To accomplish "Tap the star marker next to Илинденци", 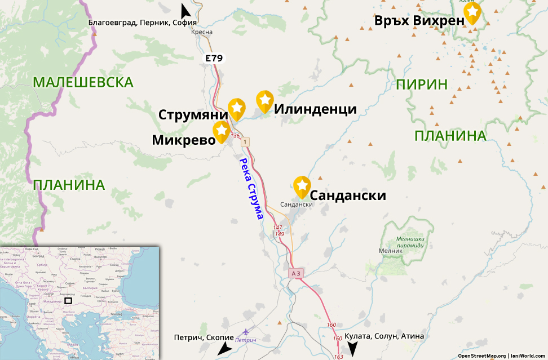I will [x=265, y=100].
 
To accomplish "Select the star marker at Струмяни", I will [x=237, y=108].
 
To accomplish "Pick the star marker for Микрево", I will [x=221, y=131].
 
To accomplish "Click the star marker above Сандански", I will [x=302, y=186].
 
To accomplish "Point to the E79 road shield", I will [x=214, y=58].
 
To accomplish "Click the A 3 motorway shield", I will [x=296, y=273].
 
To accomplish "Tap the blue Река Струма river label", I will [x=251, y=188].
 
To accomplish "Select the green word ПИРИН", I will [x=422, y=85].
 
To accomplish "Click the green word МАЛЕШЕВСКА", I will [x=83, y=82].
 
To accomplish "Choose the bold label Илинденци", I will [x=315, y=109].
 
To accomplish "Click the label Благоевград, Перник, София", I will [x=142, y=23].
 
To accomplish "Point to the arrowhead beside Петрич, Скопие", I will [x=224, y=349].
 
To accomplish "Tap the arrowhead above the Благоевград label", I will [x=184, y=10].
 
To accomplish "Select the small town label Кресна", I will [x=202, y=32].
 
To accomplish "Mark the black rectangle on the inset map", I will [x=68, y=300].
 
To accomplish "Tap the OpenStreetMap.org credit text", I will [x=481, y=355].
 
